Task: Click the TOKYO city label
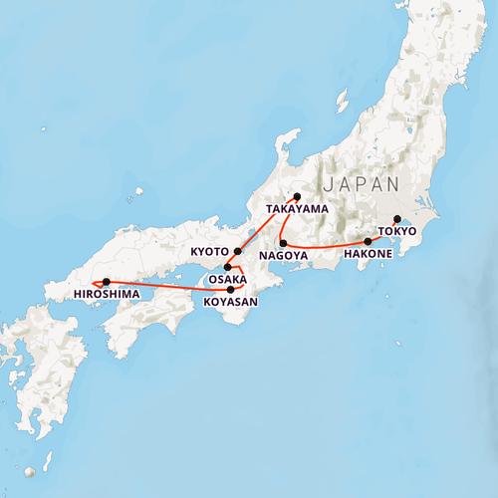(x=397, y=231)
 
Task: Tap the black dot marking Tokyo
(x=396, y=219)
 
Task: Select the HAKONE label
(x=366, y=254)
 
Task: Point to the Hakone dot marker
(x=368, y=241)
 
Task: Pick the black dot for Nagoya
(x=283, y=243)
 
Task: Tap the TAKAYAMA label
(x=297, y=209)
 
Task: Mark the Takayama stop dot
(x=297, y=196)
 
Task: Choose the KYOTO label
(x=210, y=252)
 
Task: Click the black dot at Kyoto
(x=237, y=251)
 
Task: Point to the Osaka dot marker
(x=227, y=267)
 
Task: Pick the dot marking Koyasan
(x=230, y=289)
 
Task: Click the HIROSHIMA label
(x=107, y=295)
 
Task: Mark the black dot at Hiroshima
(x=107, y=282)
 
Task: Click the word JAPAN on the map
(x=360, y=184)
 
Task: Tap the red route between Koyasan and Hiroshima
(x=169, y=286)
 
